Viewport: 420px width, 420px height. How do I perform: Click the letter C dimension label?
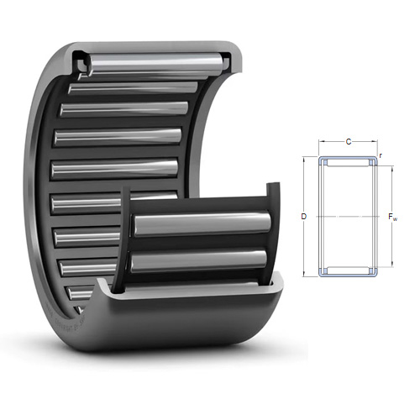(x=349, y=142)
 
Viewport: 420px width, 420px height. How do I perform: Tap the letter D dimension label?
(x=304, y=217)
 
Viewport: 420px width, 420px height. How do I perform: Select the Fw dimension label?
(x=393, y=217)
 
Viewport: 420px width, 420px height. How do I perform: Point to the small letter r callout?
(x=381, y=155)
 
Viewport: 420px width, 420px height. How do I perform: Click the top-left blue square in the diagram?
(x=325, y=162)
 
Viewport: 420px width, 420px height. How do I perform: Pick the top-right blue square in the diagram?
(x=371, y=162)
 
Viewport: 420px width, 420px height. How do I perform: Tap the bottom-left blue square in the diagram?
(x=325, y=270)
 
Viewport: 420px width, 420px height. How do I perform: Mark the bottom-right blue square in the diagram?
(x=371, y=270)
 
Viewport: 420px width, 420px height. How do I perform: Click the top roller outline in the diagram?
(x=349, y=162)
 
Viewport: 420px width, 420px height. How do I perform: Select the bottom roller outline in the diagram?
(x=349, y=270)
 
